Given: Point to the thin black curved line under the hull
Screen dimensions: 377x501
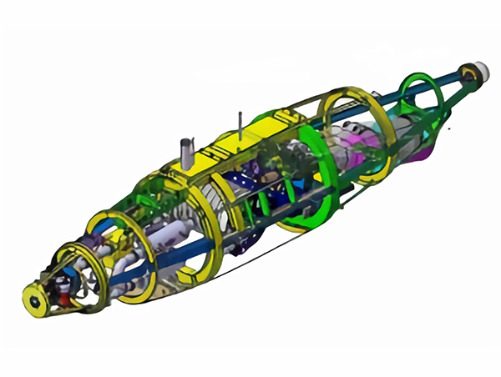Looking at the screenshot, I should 250,254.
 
